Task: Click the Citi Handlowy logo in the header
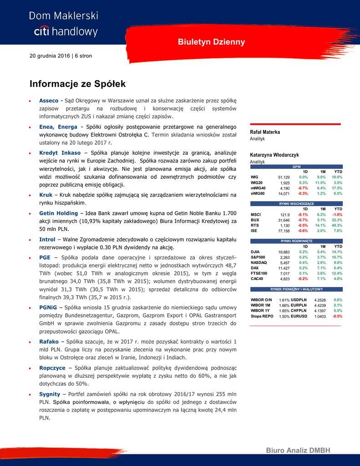pyautogui.click(x=63, y=24)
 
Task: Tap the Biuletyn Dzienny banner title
pyautogui.click(x=211, y=42)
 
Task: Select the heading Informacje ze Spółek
pyautogui.click(x=77, y=84)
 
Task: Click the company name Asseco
pyautogui.click(x=49, y=101)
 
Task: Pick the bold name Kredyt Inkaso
pyautogui.click(x=60, y=152)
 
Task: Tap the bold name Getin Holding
pyautogui.click(x=58, y=213)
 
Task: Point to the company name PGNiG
pyautogui.click(x=48, y=307)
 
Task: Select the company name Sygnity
pyautogui.click(x=50, y=394)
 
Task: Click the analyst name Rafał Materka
pyautogui.click(x=265, y=132)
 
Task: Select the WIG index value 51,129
pyautogui.click(x=284, y=177)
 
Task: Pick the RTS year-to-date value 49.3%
pyautogui.click(x=337, y=225)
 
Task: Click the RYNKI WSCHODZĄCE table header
pyautogui.click(x=296, y=203)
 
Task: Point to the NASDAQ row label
pyautogui.click(x=259, y=263)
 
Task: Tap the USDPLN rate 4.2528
pyautogui.click(x=320, y=300)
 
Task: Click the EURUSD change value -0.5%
pyautogui.click(x=337, y=316)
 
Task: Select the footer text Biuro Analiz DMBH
pyautogui.click(x=298, y=451)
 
